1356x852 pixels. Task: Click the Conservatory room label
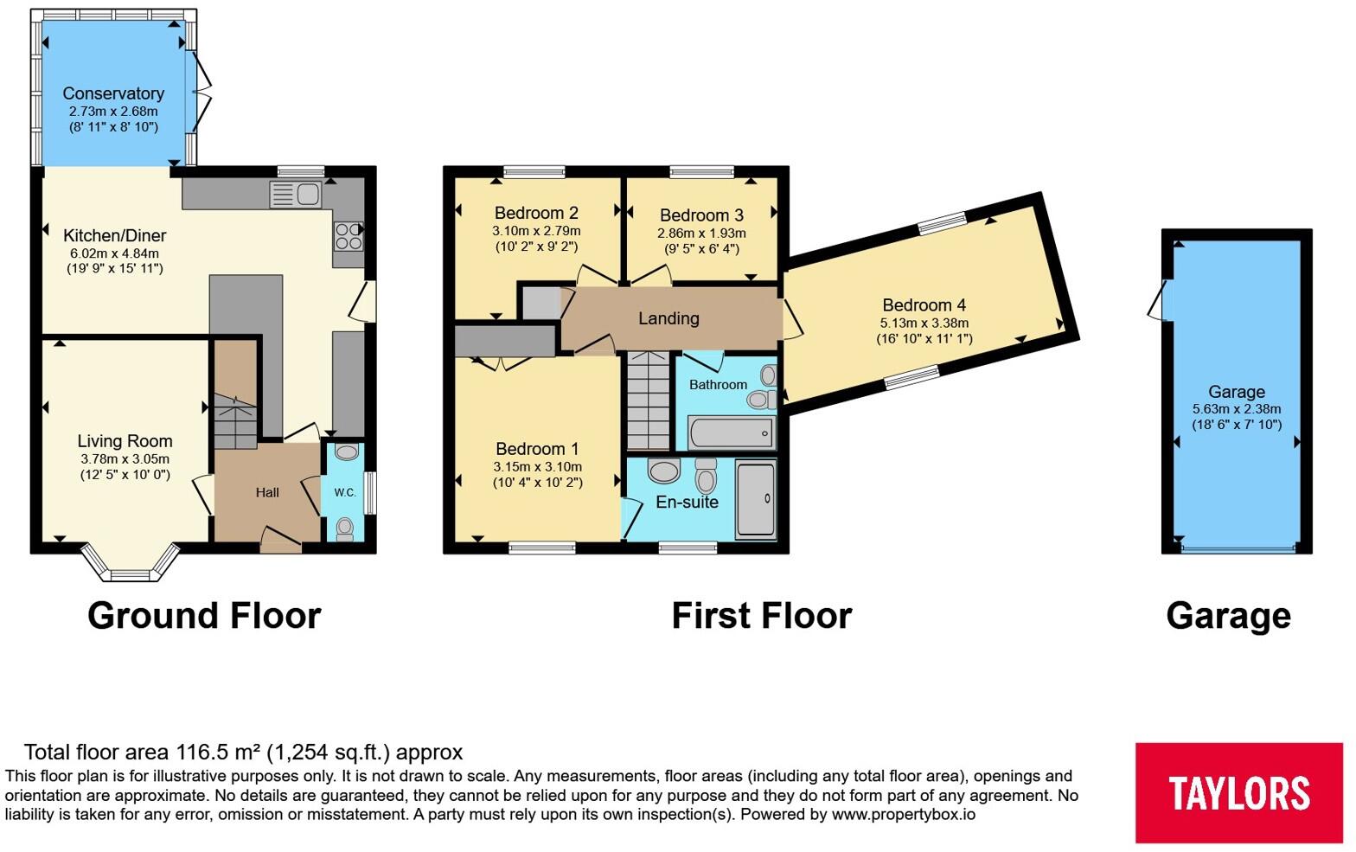point(113,93)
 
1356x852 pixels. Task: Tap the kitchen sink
point(295,195)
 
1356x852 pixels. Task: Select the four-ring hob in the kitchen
point(349,236)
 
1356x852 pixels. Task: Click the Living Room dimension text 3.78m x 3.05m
point(125,459)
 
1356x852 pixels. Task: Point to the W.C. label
point(345,493)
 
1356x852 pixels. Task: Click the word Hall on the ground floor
point(267,492)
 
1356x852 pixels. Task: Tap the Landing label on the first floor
point(668,318)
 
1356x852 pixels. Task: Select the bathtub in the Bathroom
point(732,432)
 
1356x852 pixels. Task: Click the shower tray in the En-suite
point(756,499)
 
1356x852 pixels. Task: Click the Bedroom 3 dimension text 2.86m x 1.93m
point(701,234)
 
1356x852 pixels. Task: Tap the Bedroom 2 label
point(536,213)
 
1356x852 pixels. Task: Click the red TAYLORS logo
point(1239,792)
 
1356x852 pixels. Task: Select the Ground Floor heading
point(204,616)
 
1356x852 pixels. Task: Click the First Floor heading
point(762,616)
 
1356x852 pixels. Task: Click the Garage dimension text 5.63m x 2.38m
point(1237,409)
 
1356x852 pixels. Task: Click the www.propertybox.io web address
point(903,815)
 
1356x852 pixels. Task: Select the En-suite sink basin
point(664,471)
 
